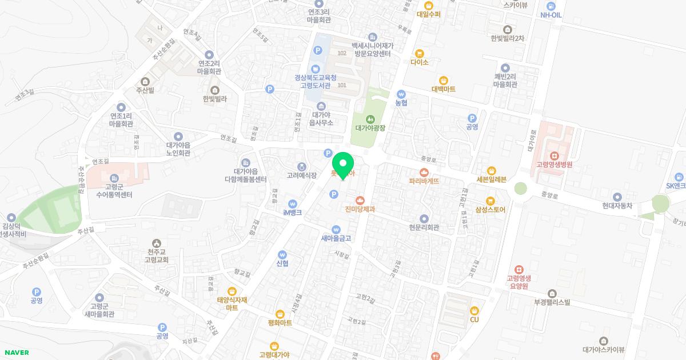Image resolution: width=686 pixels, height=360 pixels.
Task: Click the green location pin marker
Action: pos(343,165)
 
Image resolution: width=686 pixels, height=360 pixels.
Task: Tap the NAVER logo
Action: pos(16,353)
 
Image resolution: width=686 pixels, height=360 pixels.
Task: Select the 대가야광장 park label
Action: pos(370,128)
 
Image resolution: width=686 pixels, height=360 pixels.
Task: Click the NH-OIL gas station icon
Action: pos(551,5)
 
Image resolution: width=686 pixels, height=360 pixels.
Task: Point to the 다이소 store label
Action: pos(419,62)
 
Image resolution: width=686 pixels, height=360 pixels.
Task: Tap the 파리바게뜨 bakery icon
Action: pos(424,171)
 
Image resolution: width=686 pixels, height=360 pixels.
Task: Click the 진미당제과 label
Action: pos(360,210)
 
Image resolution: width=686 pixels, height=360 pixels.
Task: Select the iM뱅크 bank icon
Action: pos(292,203)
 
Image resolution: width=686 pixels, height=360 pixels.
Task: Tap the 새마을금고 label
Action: pos(336,238)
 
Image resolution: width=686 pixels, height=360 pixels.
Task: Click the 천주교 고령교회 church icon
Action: pos(157,243)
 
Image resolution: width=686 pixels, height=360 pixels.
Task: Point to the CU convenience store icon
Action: pos(474,310)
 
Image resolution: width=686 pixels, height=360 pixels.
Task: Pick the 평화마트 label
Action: pos(280,323)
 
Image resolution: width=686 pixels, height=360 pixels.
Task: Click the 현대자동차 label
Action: pos(617,206)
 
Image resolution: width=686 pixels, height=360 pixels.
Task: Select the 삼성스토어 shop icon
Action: pos(490,201)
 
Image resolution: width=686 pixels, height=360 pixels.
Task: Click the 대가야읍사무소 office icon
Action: pos(321,106)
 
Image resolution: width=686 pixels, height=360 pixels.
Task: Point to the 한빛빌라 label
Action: pos(214,98)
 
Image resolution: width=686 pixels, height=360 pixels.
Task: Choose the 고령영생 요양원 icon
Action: pos(519,269)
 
